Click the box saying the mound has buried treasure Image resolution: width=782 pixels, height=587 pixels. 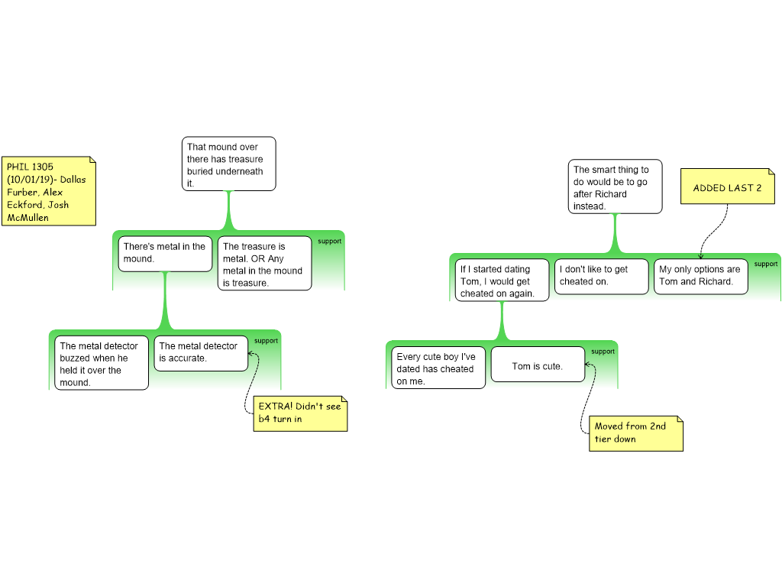point(228,164)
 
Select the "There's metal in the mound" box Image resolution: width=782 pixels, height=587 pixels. point(165,254)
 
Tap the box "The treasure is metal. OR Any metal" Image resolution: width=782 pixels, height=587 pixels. point(264,263)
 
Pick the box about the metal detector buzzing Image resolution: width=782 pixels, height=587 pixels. point(102,362)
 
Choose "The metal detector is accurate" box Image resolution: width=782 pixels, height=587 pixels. point(201,353)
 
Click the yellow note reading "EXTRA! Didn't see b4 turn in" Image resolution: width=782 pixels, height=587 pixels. point(300,413)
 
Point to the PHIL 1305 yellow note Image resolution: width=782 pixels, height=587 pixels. point(49,191)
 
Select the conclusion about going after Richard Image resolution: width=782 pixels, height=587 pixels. point(615,186)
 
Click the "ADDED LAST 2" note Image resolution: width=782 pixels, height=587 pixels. point(728,186)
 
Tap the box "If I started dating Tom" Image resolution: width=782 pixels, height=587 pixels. point(502,280)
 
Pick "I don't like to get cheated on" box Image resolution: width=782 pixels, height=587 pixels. point(602,276)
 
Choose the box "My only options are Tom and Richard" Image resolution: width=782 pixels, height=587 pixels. point(701,276)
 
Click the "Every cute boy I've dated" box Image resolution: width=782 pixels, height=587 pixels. point(438,368)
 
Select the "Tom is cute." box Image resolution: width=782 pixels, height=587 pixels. point(538,365)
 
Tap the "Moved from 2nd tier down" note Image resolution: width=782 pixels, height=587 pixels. point(636,433)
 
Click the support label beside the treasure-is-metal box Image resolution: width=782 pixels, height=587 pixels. point(330,241)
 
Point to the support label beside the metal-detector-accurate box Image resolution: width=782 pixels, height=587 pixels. point(266,341)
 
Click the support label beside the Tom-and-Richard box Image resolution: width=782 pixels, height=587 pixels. point(765,264)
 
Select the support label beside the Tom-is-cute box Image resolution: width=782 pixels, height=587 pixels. point(603,352)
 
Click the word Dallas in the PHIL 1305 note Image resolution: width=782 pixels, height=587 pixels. point(73,179)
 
